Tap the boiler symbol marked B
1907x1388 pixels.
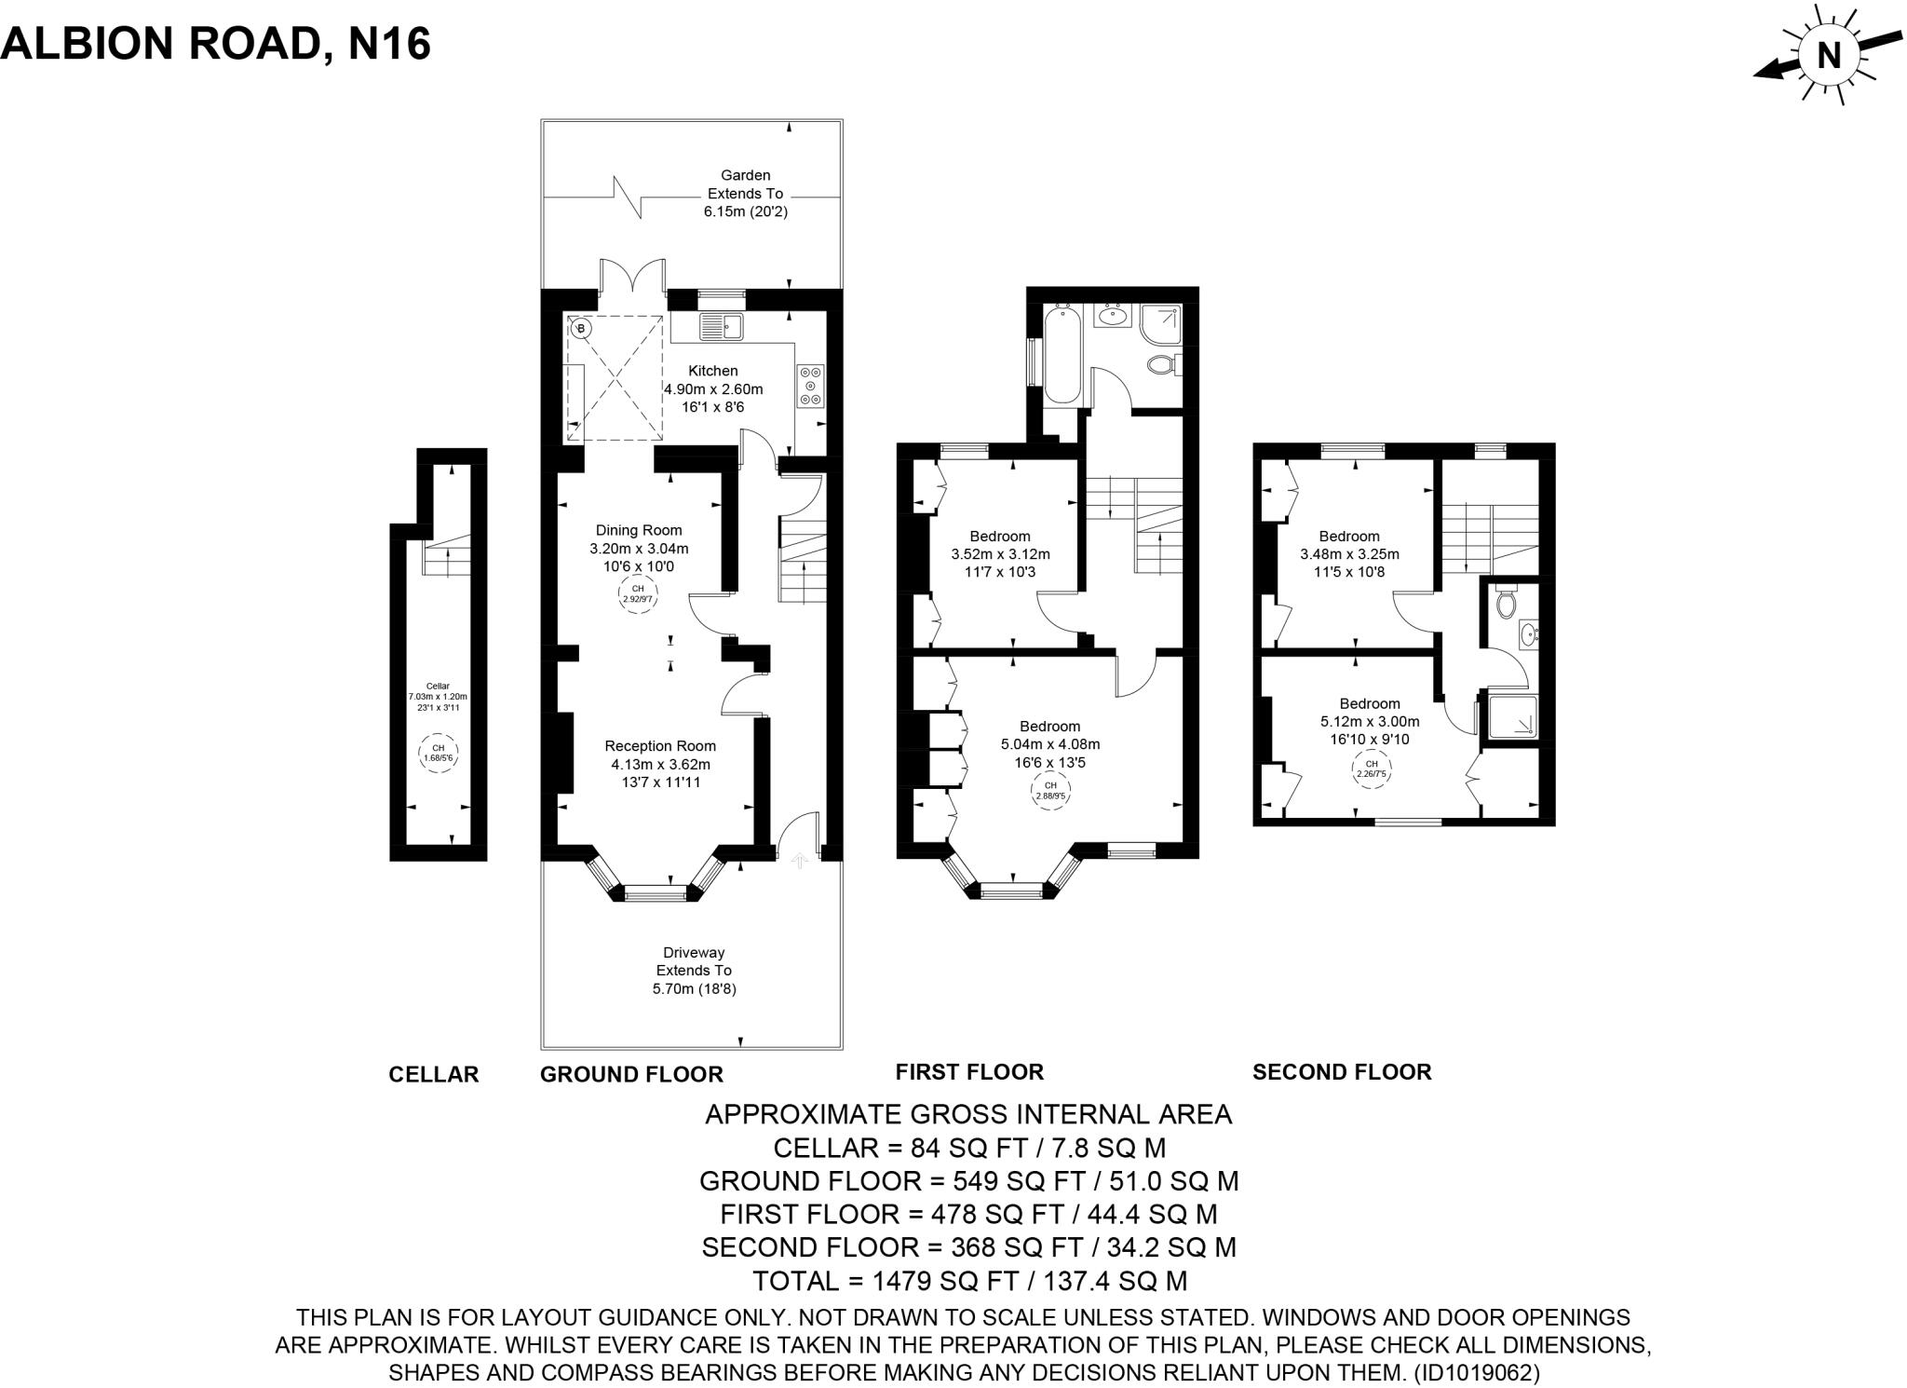click(x=581, y=328)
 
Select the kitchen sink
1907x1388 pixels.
click(x=722, y=327)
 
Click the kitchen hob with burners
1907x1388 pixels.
click(x=810, y=385)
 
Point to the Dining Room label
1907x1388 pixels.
click(x=639, y=530)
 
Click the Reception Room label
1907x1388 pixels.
click(x=660, y=745)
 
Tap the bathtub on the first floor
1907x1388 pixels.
click(x=1062, y=356)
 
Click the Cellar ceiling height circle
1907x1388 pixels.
click(x=438, y=753)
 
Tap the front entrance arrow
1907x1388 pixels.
click(x=798, y=860)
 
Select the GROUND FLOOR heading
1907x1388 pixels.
click(x=631, y=1074)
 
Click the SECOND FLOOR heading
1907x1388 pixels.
click(x=1341, y=1071)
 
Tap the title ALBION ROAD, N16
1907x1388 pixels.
click(x=216, y=43)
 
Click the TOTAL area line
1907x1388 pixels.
click(x=969, y=1281)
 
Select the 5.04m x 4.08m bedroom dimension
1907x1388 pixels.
click(x=1049, y=744)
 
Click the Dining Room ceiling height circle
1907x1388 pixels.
click(x=638, y=594)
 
